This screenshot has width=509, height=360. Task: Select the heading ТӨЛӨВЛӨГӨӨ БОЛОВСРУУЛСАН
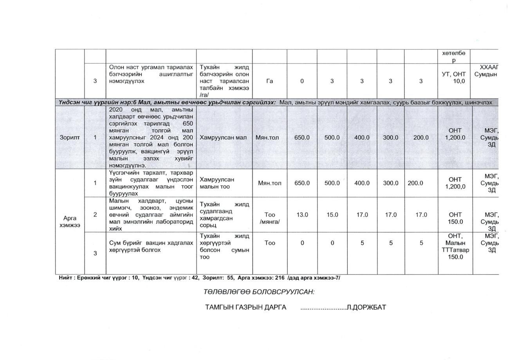coord(259,292)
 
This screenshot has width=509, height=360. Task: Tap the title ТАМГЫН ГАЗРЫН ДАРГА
coord(245,308)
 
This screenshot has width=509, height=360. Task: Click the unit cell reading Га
coord(269,81)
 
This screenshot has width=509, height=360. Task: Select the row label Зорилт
coord(70,137)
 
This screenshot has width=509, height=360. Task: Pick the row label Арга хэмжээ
coord(70,222)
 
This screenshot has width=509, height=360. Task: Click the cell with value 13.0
coord(302,215)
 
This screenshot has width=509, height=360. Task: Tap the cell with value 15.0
coord(332,215)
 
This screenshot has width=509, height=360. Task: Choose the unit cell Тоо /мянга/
coord(269,218)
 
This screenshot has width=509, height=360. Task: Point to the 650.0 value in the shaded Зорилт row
coord(302,137)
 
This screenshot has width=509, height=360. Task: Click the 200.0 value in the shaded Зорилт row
coord(421,137)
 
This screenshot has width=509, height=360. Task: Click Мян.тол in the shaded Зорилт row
coord(269,137)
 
